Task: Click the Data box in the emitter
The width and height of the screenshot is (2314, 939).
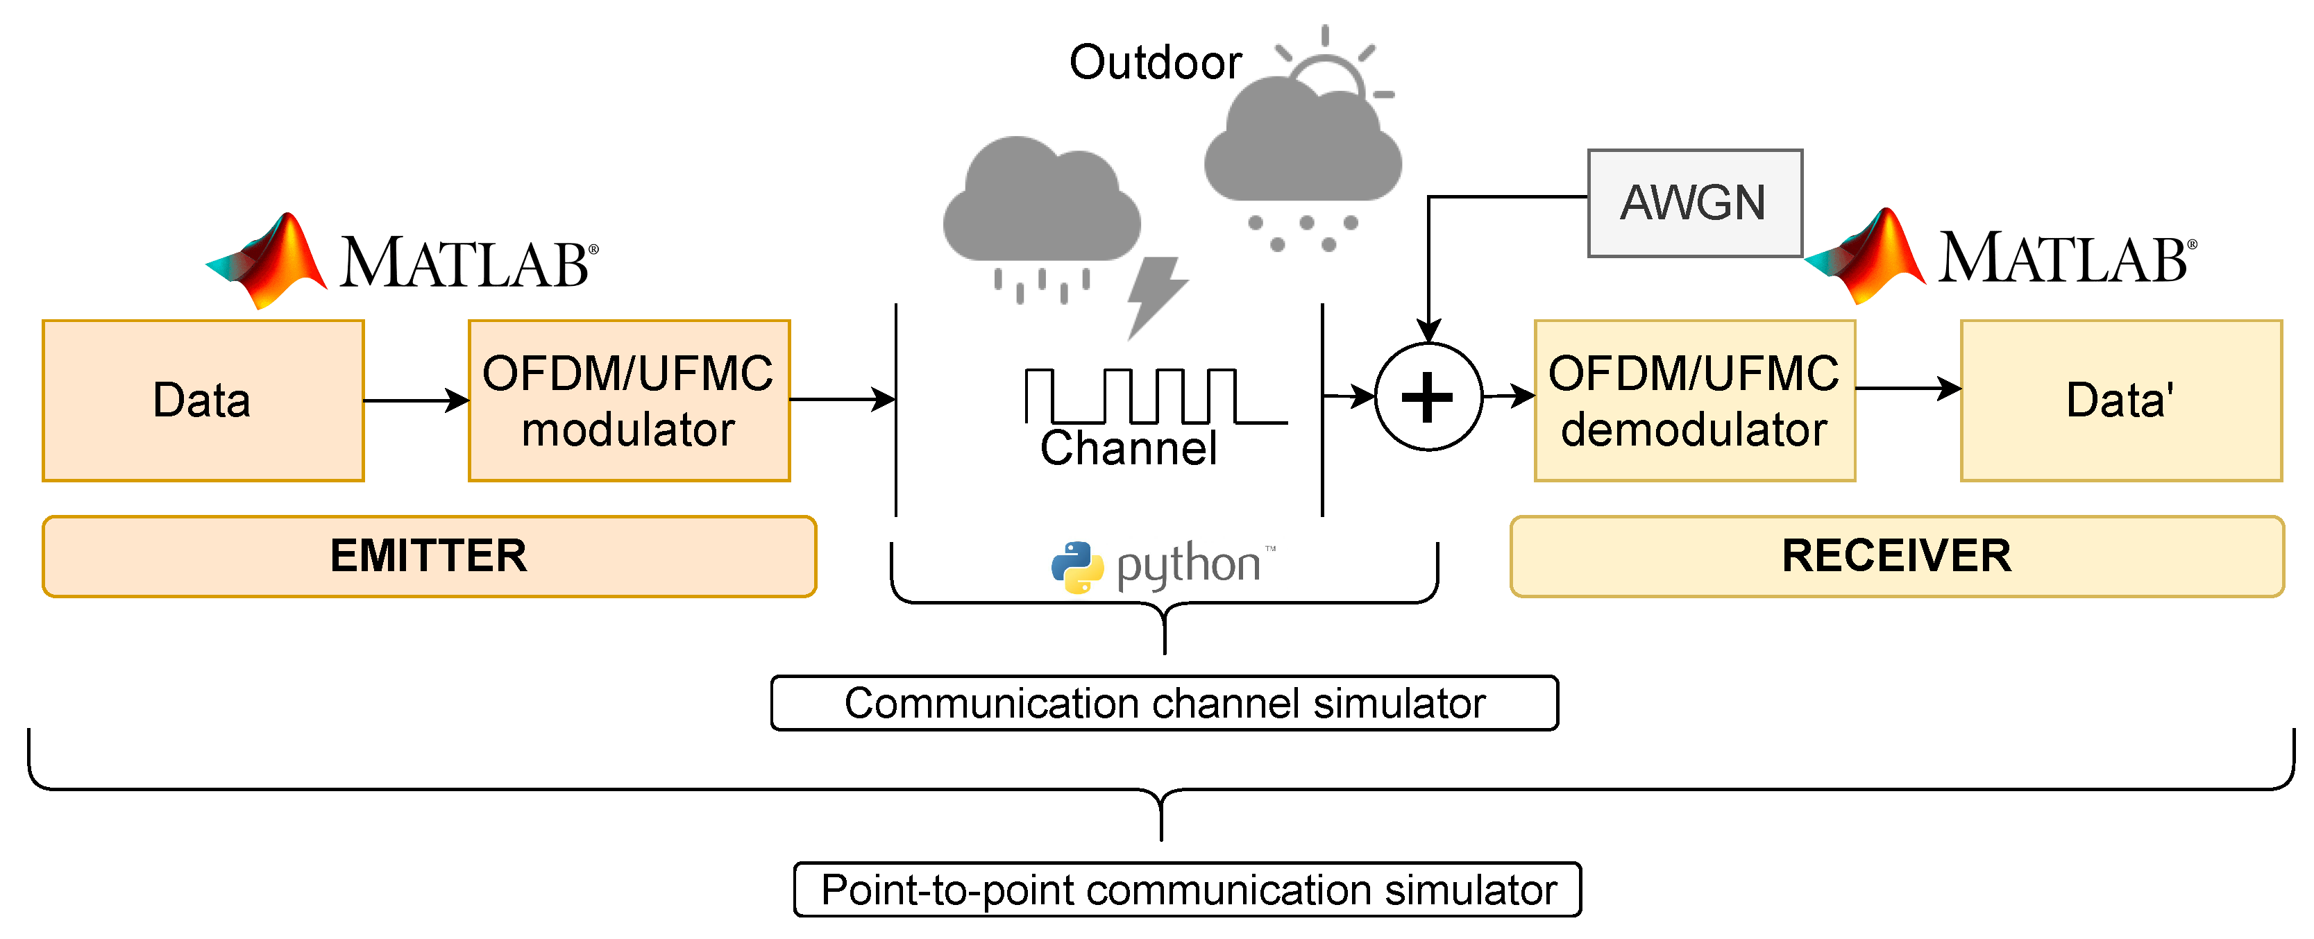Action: pyautogui.click(x=203, y=400)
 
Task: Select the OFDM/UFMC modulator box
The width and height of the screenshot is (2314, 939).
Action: pyautogui.click(x=629, y=400)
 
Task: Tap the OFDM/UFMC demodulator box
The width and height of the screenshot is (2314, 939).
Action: pyautogui.click(x=1694, y=400)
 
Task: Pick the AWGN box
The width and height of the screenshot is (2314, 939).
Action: pyautogui.click(x=1694, y=203)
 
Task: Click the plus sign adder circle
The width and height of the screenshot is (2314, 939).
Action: pyautogui.click(x=1428, y=396)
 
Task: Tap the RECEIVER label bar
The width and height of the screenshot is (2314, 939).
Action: pyautogui.click(x=1896, y=556)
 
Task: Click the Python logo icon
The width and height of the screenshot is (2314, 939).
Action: pyautogui.click(x=1077, y=567)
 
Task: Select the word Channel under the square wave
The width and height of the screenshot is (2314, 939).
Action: pyautogui.click(x=1129, y=448)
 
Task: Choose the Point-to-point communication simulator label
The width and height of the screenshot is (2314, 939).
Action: pyautogui.click(x=1188, y=890)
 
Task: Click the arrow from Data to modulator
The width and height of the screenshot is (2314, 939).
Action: pyautogui.click(x=416, y=400)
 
